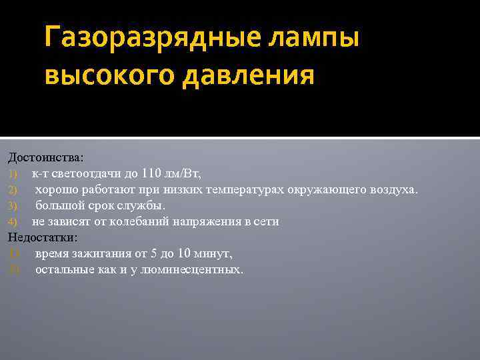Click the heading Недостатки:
[43, 237]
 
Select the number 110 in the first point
[152, 174]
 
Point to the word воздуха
[393, 190]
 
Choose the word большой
[61, 205]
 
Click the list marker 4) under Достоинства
[15, 222]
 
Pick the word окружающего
[323, 190]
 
